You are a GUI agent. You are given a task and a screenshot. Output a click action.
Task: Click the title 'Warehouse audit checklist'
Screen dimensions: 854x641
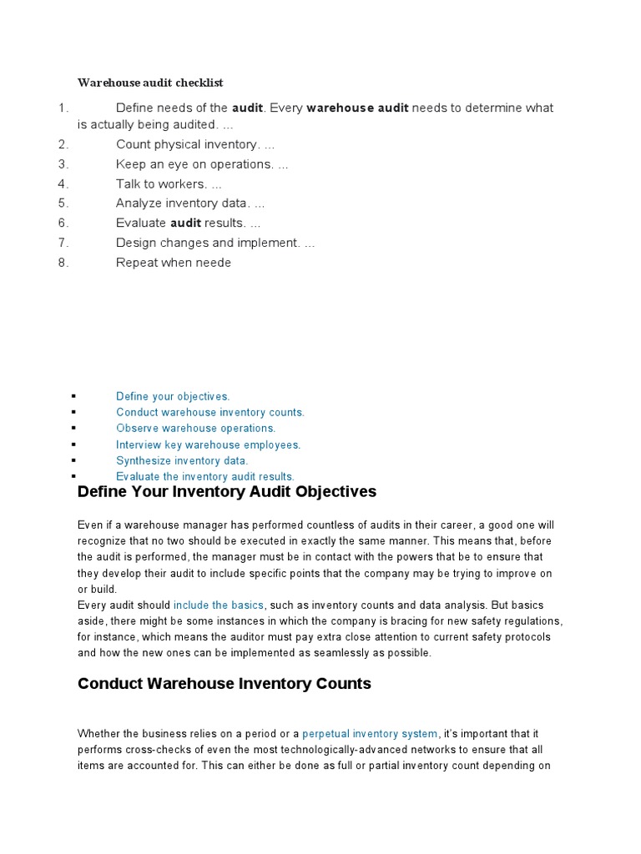coord(150,83)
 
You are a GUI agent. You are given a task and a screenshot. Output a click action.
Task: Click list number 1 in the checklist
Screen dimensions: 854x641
coord(62,108)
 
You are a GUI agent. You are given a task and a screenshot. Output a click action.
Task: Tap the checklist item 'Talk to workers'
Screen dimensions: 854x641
coord(169,183)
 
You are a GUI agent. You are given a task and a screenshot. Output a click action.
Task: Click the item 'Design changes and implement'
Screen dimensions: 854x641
coord(215,243)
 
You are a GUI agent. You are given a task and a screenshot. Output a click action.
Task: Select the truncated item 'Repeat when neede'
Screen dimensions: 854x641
coord(174,263)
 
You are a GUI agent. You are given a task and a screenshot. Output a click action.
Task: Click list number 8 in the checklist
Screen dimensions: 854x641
coord(63,263)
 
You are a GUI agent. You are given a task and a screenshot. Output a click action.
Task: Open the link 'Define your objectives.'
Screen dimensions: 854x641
coord(173,396)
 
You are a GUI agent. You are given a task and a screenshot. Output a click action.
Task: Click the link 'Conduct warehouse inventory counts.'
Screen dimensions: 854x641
coord(210,412)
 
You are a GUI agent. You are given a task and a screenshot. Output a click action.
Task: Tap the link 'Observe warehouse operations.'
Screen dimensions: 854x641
coord(195,428)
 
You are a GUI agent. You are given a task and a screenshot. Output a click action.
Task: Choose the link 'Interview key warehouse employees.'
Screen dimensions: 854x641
coord(208,445)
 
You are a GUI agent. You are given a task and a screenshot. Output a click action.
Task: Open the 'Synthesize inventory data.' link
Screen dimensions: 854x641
coord(182,460)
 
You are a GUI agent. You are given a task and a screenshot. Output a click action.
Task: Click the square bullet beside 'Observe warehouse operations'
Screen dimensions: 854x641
coord(74,428)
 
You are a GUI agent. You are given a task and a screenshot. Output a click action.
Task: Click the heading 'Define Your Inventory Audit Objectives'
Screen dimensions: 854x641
coord(227,491)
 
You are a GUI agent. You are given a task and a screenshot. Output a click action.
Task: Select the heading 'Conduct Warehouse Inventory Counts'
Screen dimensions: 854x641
coord(224,684)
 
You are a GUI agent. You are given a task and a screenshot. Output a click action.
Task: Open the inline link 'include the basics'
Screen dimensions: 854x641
coord(219,605)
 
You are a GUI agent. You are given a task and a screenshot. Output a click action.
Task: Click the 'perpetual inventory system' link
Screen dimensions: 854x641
coord(370,733)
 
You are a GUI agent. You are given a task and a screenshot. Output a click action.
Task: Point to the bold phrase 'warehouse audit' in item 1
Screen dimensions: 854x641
coord(357,108)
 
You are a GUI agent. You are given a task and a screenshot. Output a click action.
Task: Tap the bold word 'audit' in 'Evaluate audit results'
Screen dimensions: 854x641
coord(185,223)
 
